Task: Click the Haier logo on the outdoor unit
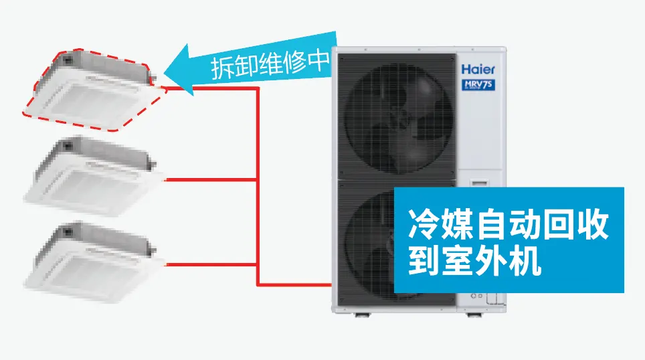point(478,69)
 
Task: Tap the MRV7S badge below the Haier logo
point(478,85)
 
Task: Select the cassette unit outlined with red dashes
point(94,90)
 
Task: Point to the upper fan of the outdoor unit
point(397,118)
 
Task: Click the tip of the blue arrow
point(165,73)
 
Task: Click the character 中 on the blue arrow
point(319,60)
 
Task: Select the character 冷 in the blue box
point(423,225)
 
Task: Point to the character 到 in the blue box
point(423,260)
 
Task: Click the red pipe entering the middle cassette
point(211,179)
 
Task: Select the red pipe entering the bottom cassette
point(211,264)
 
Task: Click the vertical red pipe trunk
point(258,186)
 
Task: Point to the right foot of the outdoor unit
point(474,315)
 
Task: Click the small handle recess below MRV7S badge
point(479,182)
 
